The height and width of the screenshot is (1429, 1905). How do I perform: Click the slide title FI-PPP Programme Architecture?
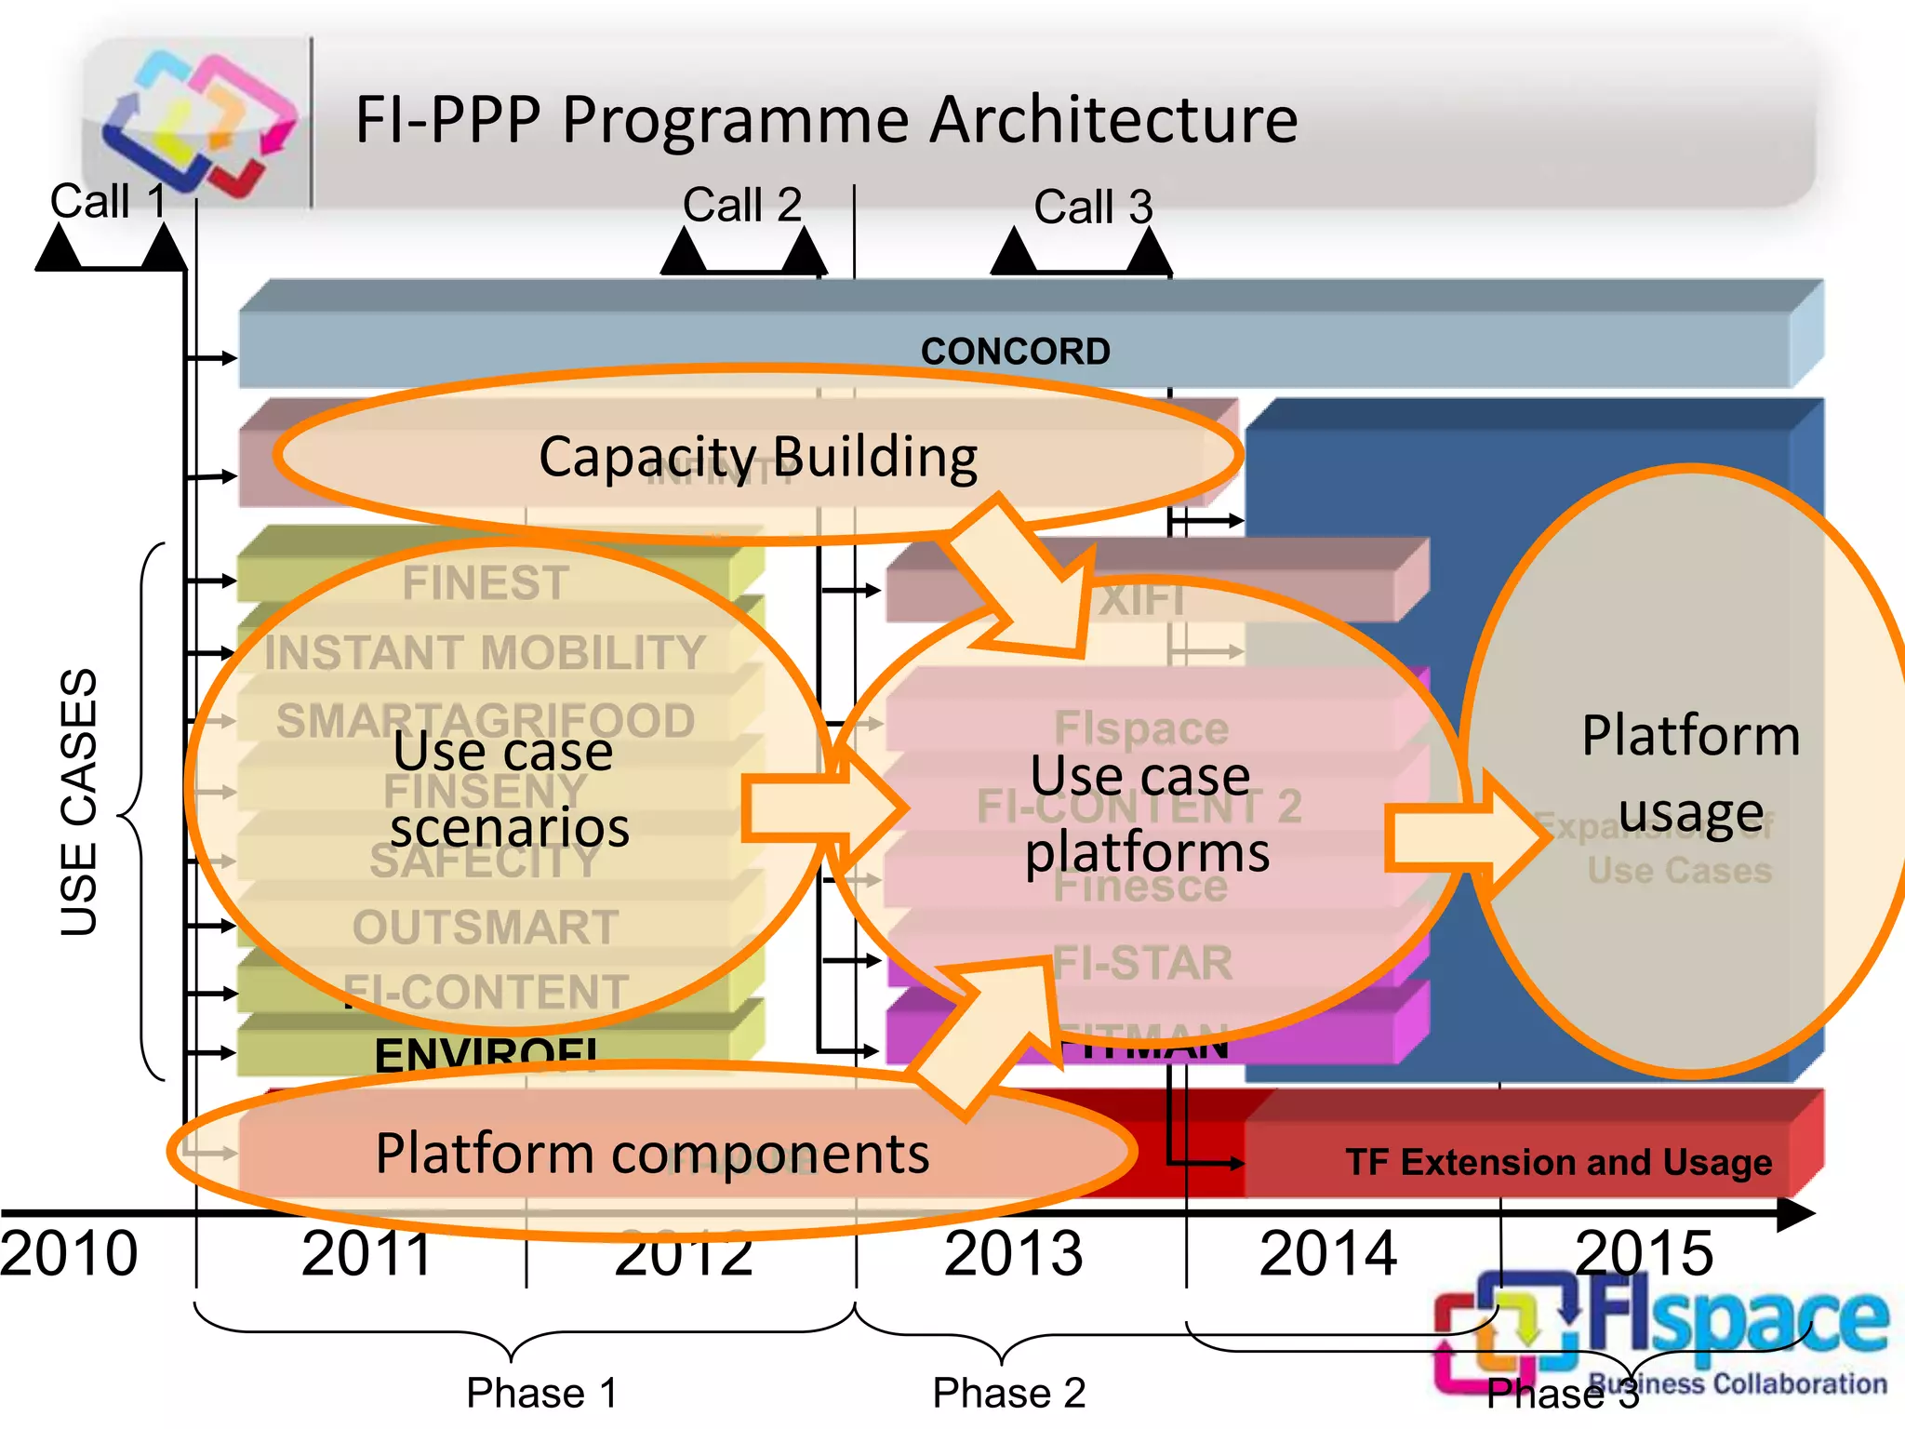(826, 119)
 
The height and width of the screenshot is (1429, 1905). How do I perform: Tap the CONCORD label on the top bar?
(1015, 352)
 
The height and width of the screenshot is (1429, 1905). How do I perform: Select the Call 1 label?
(108, 201)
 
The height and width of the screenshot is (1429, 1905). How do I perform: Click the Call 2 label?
(741, 205)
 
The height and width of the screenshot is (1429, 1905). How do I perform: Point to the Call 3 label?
(1093, 207)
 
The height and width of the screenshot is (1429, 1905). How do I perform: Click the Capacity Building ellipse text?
(758, 457)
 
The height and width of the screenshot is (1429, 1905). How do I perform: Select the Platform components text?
(652, 1154)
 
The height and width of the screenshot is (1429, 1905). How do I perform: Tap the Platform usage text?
(1690, 774)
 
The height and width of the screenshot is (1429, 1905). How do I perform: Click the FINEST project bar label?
(486, 583)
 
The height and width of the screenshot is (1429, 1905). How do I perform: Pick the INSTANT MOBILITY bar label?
(486, 652)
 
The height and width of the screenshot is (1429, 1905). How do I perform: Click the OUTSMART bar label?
(486, 928)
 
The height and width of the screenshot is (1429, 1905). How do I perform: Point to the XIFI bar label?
(1142, 600)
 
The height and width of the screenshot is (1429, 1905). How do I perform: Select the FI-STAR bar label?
(1142, 963)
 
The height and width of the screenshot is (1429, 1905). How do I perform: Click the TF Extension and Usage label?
(1558, 1162)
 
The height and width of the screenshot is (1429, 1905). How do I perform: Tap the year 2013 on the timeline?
(1013, 1253)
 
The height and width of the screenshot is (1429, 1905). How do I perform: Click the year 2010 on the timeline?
(69, 1253)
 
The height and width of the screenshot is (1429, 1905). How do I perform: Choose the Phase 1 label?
(541, 1393)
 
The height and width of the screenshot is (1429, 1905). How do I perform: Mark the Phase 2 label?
(1009, 1393)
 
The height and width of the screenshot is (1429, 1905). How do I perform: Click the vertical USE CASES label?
(78, 802)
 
